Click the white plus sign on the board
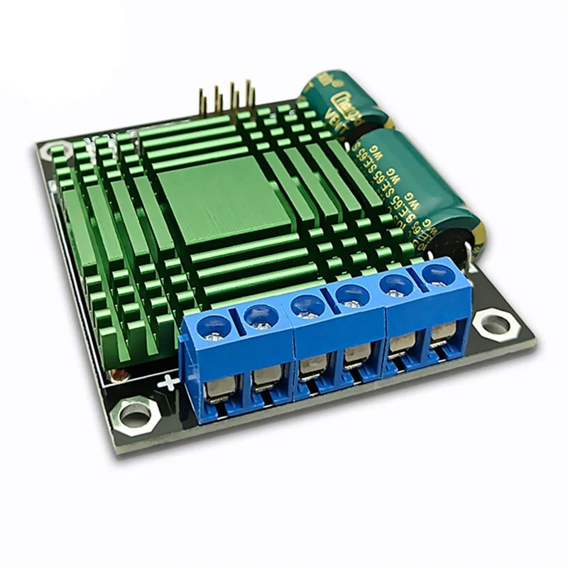(168, 383)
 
